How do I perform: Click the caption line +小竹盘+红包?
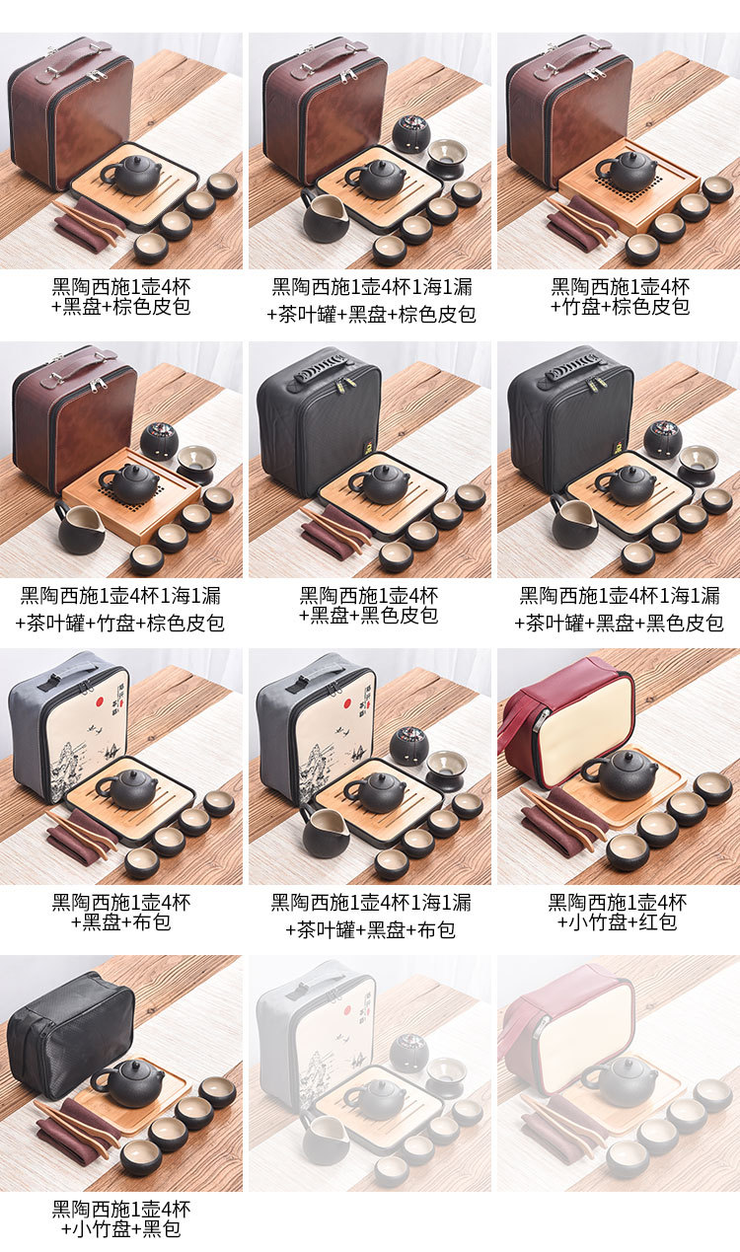tap(617, 921)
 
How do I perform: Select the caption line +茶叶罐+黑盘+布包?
tap(370, 930)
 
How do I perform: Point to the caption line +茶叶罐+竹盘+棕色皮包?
tap(119, 623)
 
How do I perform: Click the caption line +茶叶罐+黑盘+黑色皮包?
tap(619, 623)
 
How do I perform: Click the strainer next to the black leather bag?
tap(697, 466)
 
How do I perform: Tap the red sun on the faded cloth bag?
tap(346, 1010)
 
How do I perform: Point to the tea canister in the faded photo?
tap(410, 1053)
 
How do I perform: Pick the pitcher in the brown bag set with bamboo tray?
tap(79, 527)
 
